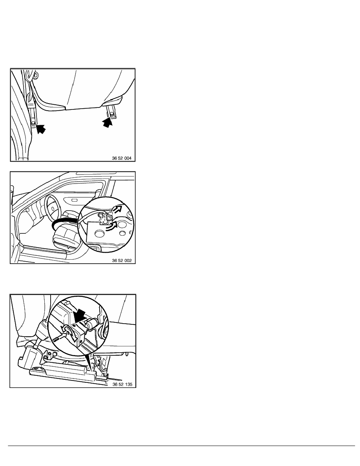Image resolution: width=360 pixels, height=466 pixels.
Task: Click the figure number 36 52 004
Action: click(122, 158)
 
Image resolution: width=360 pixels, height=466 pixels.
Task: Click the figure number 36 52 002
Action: click(122, 260)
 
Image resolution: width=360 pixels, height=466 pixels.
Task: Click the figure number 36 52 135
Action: click(122, 384)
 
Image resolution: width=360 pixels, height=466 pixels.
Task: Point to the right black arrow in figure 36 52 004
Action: click(108, 122)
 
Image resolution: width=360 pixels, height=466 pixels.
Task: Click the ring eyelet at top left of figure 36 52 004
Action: click(36, 75)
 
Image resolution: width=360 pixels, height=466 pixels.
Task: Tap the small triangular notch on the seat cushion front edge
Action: click(69, 246)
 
